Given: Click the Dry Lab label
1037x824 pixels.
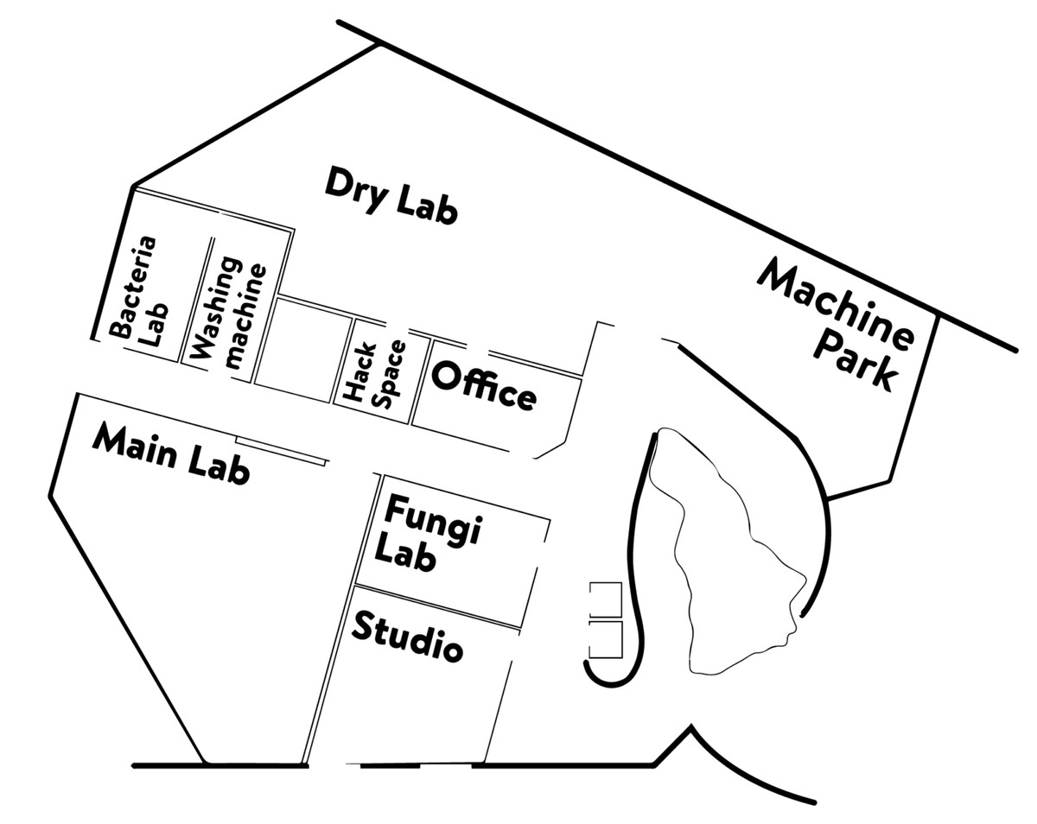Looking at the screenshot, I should tap(391, 196).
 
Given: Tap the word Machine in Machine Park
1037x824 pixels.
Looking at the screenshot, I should tap(835, 306).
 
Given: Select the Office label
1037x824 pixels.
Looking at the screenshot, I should tap(484, 385).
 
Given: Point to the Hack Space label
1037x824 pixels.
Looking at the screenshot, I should tap(372, 373).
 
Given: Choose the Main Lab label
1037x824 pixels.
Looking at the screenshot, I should tap(171, 453).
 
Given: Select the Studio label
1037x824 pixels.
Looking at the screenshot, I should tap(406, 637).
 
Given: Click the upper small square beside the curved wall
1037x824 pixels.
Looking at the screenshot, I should tap(605, 598).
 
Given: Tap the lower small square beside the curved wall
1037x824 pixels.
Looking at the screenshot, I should tap(605, 637).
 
